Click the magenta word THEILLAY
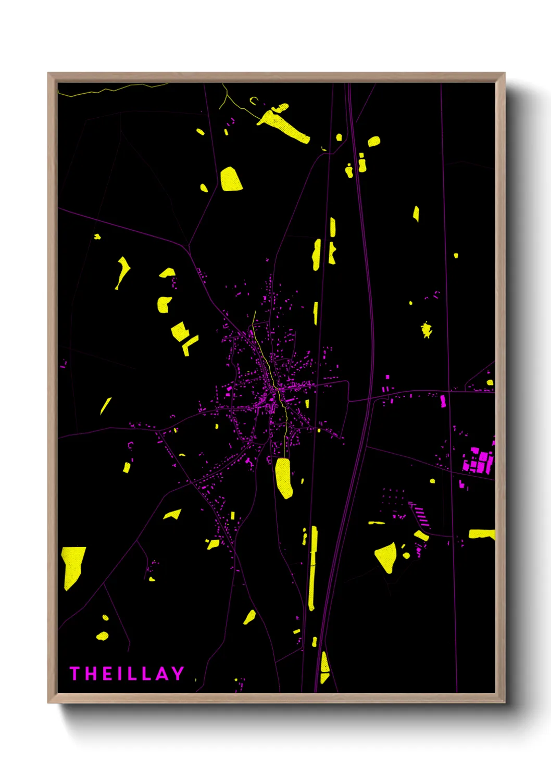point(127,674)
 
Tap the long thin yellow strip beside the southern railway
point(312,568)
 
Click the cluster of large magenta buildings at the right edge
point(478,461)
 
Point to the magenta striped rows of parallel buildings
point(421,515)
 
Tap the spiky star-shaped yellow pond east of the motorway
point(427,329)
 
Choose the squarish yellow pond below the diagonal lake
point(231,179)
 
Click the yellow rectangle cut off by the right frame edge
point(482,534)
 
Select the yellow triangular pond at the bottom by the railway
point(324,668)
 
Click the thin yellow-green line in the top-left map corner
point(104,91)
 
